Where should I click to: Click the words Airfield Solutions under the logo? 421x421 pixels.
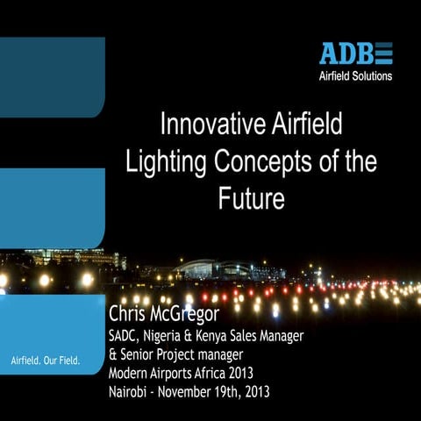(x=355, y=75)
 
